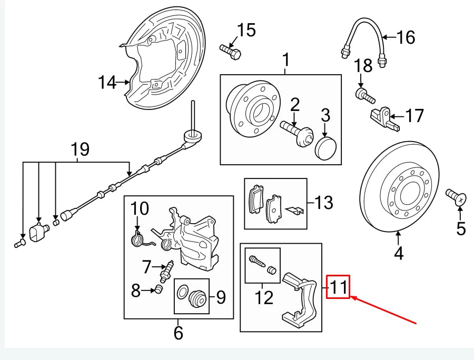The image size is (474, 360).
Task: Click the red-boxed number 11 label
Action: coord(338,287)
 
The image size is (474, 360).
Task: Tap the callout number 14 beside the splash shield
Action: coord(107,82)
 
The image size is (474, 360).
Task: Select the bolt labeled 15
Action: coord(230,51)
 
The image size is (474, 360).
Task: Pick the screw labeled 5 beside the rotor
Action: coord(456,198)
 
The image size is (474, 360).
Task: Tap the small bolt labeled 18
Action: coord(364,96)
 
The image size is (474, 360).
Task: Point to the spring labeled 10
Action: coord(137,239)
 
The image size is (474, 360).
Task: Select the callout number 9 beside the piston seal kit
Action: coord(220,298)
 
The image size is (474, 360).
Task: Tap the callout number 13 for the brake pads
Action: coord(324,202)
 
